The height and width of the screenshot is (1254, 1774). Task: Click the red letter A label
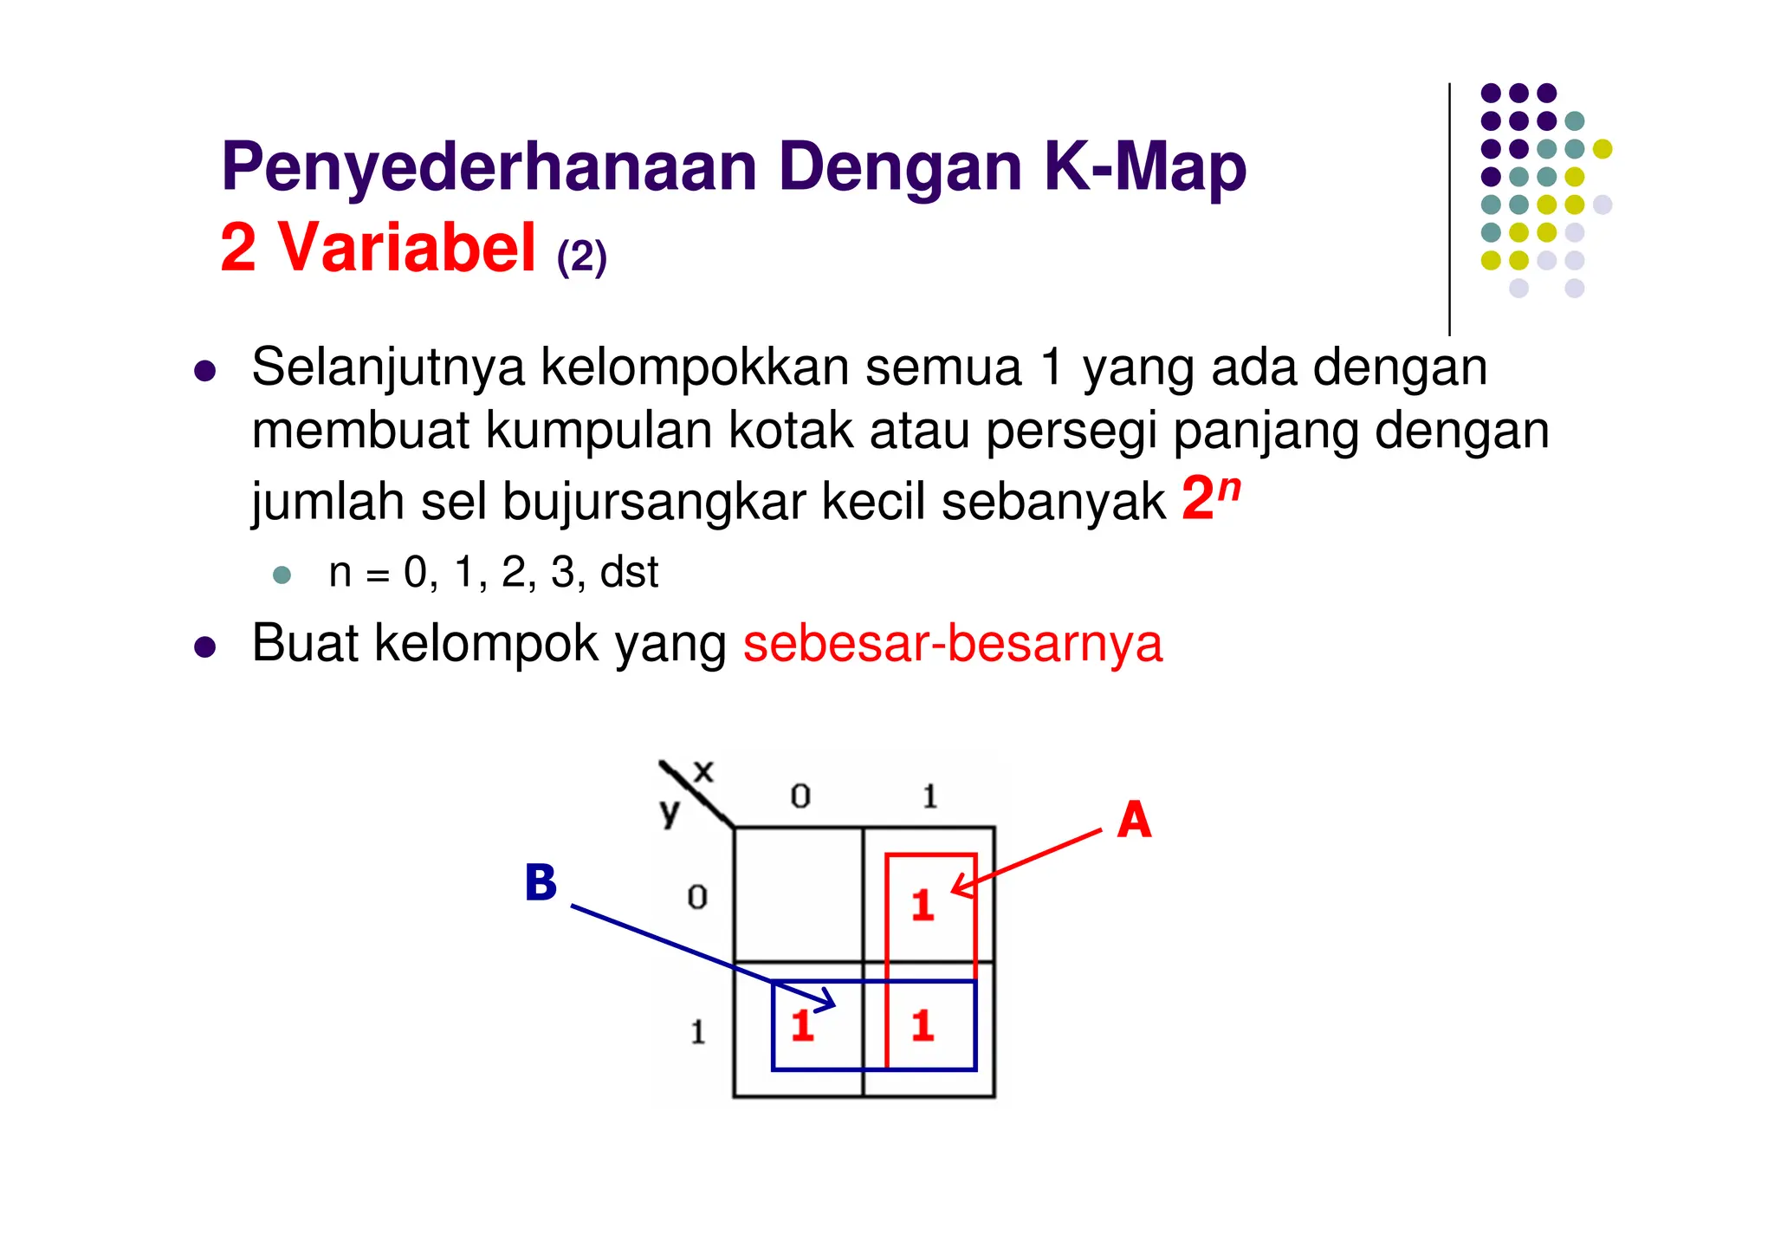click(1134, 820)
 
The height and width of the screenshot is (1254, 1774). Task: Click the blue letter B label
click(541, 884)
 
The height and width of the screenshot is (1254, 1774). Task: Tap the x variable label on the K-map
click(703, 770)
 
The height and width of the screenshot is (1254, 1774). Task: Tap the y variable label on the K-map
click(669, 812)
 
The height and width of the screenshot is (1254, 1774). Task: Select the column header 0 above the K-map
click(800, 796)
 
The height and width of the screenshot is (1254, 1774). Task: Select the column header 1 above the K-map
click(929, 796)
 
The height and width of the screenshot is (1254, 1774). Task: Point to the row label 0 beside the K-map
click(697, 897)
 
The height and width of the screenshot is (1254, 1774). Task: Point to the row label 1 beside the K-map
click(698, 1032)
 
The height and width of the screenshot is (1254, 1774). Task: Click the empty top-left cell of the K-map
click(798, 894)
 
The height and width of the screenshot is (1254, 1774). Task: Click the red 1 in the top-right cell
click(923, 906)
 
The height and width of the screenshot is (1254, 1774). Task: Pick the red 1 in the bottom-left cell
click(802, 1026)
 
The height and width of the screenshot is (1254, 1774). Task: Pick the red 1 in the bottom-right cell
click(923, 1026)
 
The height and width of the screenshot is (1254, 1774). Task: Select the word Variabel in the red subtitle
click(406, 248)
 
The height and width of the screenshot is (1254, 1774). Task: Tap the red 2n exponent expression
click(1210, 498)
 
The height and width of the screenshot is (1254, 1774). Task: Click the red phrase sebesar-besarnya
click(952, 644)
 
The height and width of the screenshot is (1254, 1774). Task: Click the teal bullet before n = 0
click(282, 575)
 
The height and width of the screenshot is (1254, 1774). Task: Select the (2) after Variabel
click(581, 257)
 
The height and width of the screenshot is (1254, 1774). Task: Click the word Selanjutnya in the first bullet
click(387, 367)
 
